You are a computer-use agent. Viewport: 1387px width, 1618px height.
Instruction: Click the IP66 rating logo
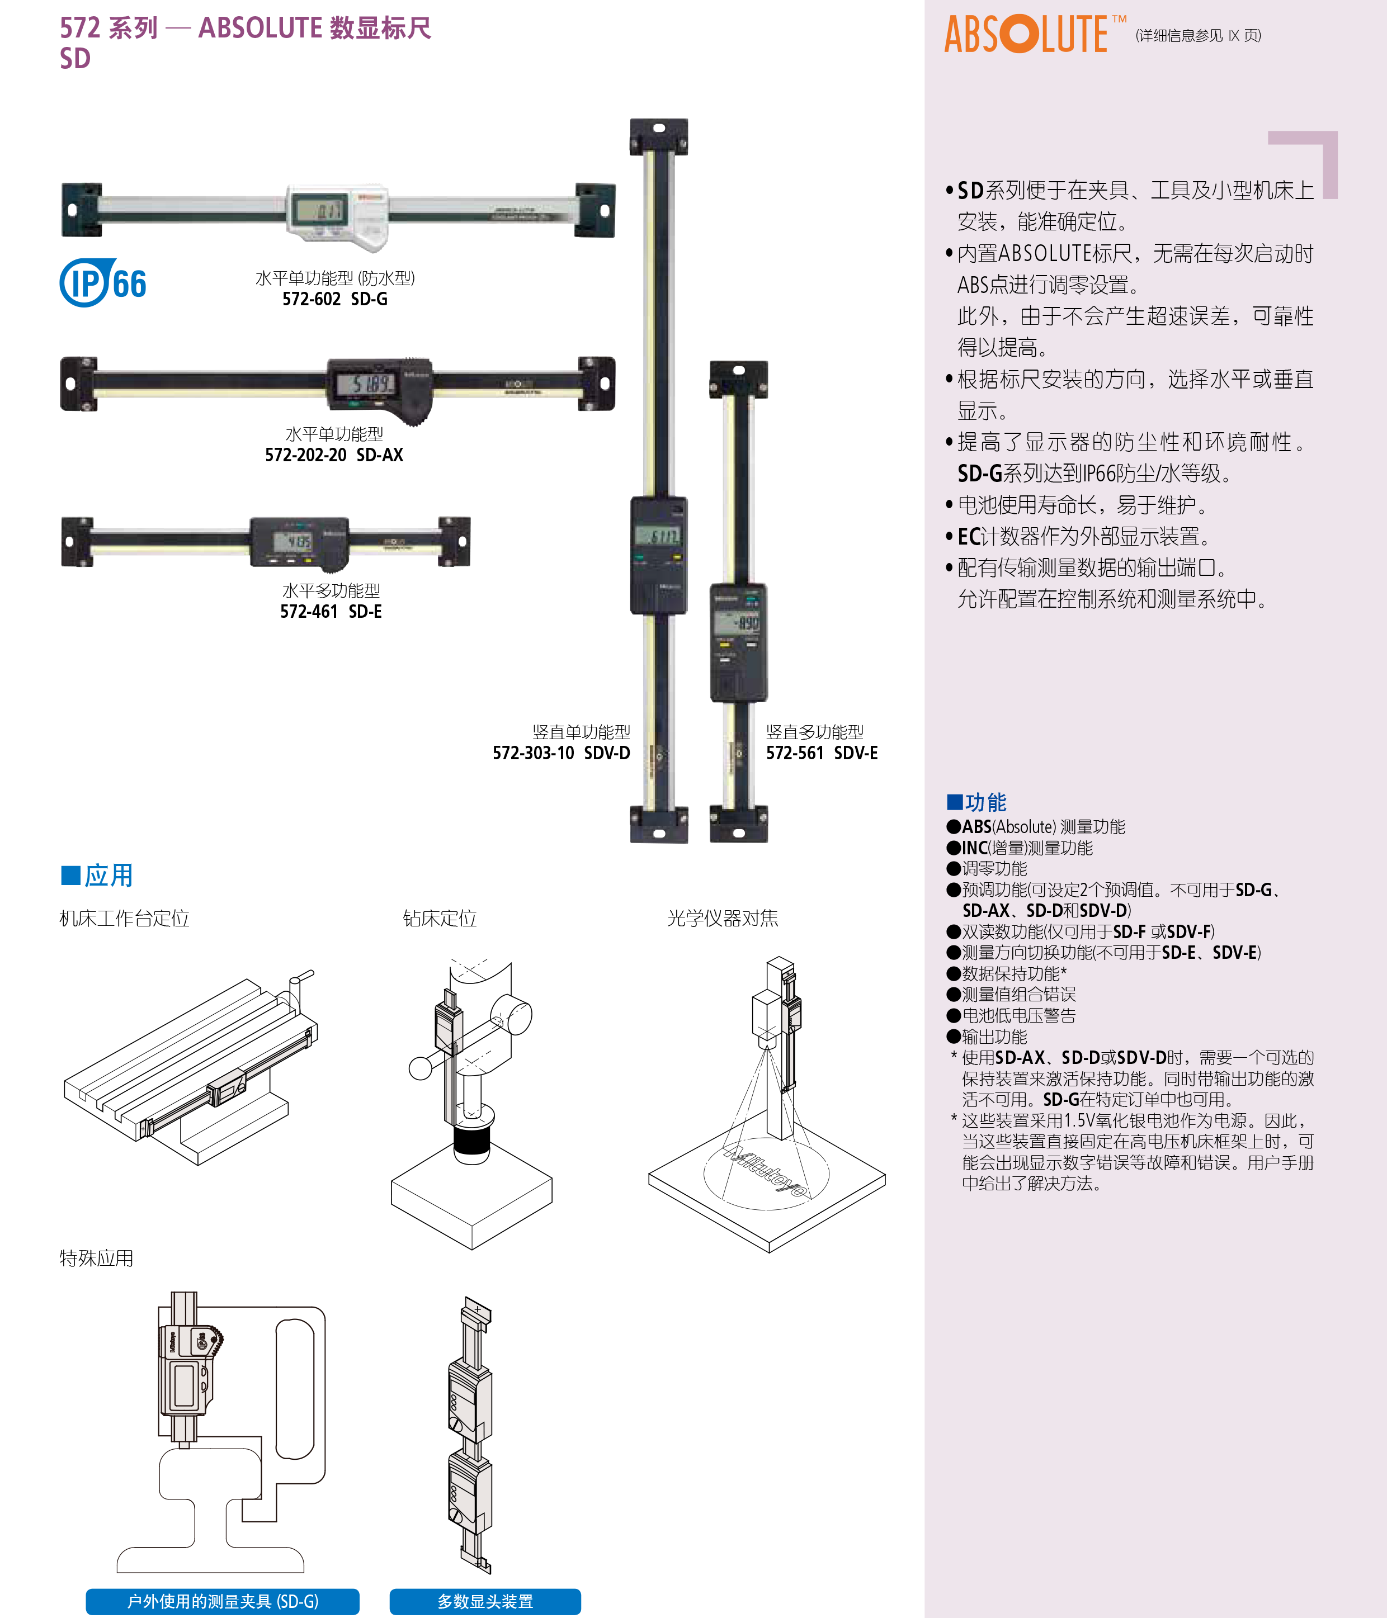[x=103, y=283]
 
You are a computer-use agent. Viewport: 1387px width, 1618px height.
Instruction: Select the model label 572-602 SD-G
[x=335, y=299]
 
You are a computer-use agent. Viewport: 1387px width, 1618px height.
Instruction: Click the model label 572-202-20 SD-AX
[x=334, y=455]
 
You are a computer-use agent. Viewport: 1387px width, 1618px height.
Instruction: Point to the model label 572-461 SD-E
[x=331, y=612]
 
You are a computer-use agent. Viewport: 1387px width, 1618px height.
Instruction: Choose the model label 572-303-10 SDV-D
[x=562, y=753]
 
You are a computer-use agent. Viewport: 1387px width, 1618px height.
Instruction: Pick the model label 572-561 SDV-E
[x=822, y=753]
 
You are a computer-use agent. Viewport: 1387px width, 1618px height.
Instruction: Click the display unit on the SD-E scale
[x=300, y=541]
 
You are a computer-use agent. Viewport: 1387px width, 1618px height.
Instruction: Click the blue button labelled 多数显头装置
[x=485, y=1602]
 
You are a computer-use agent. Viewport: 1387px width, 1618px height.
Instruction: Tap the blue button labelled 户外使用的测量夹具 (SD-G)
[x=223, y=1602]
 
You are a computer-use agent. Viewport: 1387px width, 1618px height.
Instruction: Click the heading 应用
[x=97, y=876]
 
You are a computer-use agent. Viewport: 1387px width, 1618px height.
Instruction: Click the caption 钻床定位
[x=440, y=919]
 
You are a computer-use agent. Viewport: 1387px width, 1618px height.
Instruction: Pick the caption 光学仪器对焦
[x=723, y=919]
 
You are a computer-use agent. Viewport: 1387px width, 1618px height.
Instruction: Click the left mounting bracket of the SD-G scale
[x=81, y=209]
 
